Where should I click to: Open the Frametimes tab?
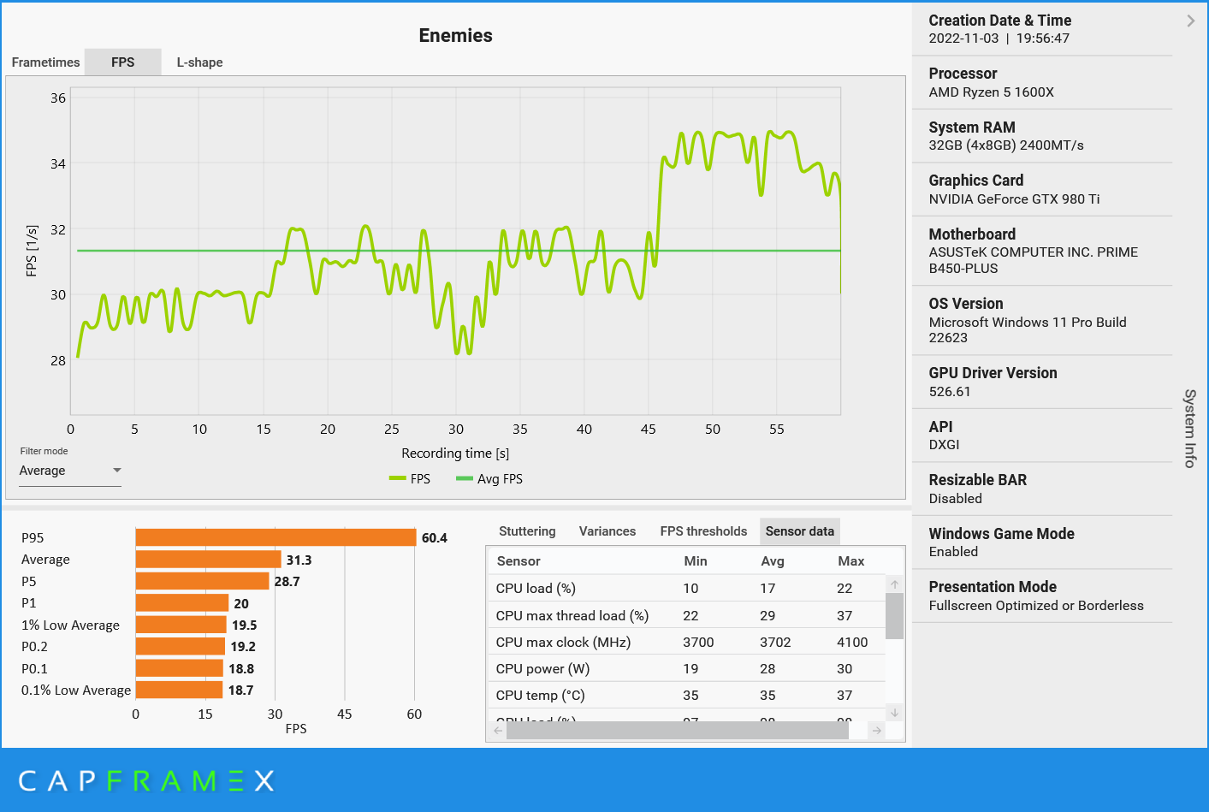45,62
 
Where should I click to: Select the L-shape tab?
199,62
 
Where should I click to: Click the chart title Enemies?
455,36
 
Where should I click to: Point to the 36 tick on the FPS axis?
57,98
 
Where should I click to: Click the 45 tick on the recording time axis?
649,430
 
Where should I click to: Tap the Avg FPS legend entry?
490,479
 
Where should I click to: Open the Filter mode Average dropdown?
70,471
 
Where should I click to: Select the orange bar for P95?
276,537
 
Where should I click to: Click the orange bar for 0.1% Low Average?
179,690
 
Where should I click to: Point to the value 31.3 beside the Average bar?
299,560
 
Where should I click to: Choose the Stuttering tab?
527,531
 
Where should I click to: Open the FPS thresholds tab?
703,531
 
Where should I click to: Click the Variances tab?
607,531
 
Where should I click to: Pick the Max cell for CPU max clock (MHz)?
852,643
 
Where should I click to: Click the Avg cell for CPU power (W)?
767,669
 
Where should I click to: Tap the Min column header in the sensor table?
696,561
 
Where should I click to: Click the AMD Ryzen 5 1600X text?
991,92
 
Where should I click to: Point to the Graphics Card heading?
975,181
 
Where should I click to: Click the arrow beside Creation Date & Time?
1191,21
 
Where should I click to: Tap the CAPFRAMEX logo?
146,780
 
